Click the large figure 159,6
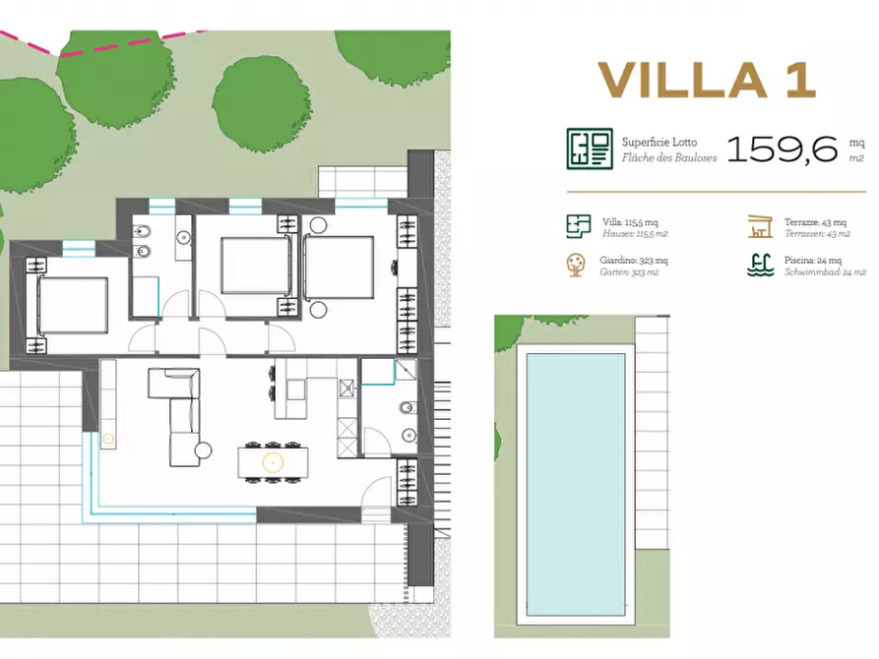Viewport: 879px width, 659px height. coord(783,149)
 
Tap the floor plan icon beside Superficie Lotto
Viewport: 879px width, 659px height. coord(590,149)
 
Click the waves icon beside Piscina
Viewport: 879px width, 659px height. coord(758,266)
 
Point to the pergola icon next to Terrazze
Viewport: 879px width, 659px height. coord(759,225)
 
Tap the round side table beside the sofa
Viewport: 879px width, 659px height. coord(204,450)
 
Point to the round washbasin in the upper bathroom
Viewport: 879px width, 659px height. coord(183,236)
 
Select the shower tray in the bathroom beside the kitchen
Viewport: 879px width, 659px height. coord(376,371)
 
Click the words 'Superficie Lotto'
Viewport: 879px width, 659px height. coord(659,142)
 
